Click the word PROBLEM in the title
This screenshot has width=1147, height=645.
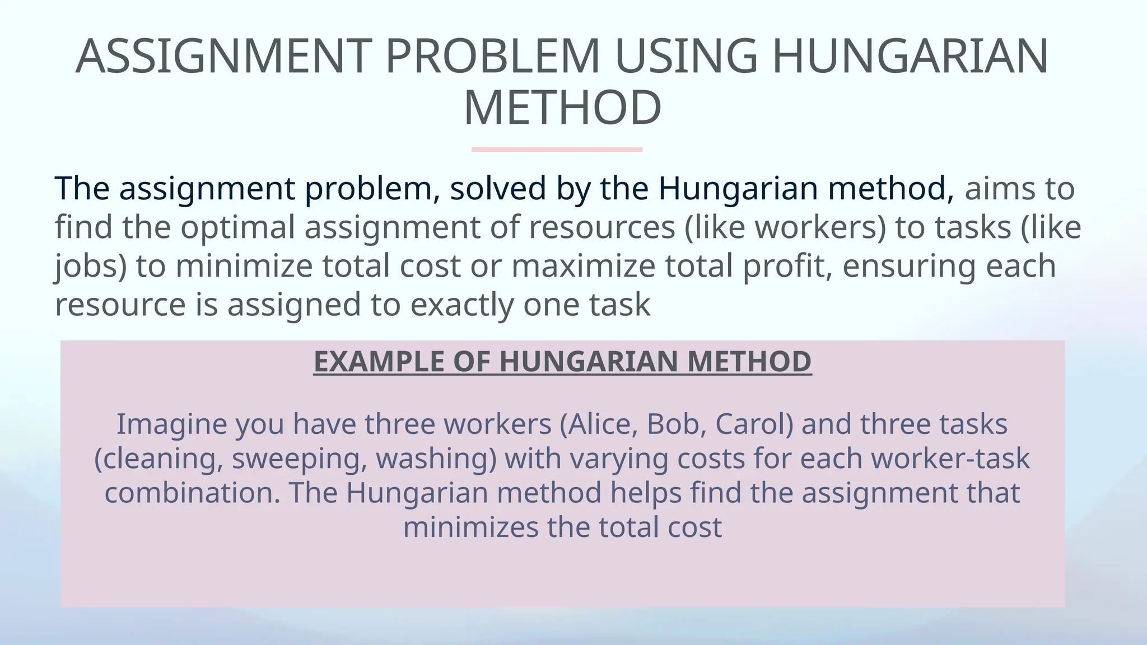tap(492, 57)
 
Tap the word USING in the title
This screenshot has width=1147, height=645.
tap(686, 57)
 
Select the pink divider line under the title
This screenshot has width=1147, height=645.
tap(557, 149)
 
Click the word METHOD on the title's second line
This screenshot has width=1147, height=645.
tap(562, 108)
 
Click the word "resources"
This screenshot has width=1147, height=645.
tap(601, 227)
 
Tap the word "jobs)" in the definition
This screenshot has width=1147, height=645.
tap(90, 266)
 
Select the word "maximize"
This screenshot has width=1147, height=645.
tap(583, 266)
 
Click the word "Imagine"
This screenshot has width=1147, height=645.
tap(171, 424)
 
